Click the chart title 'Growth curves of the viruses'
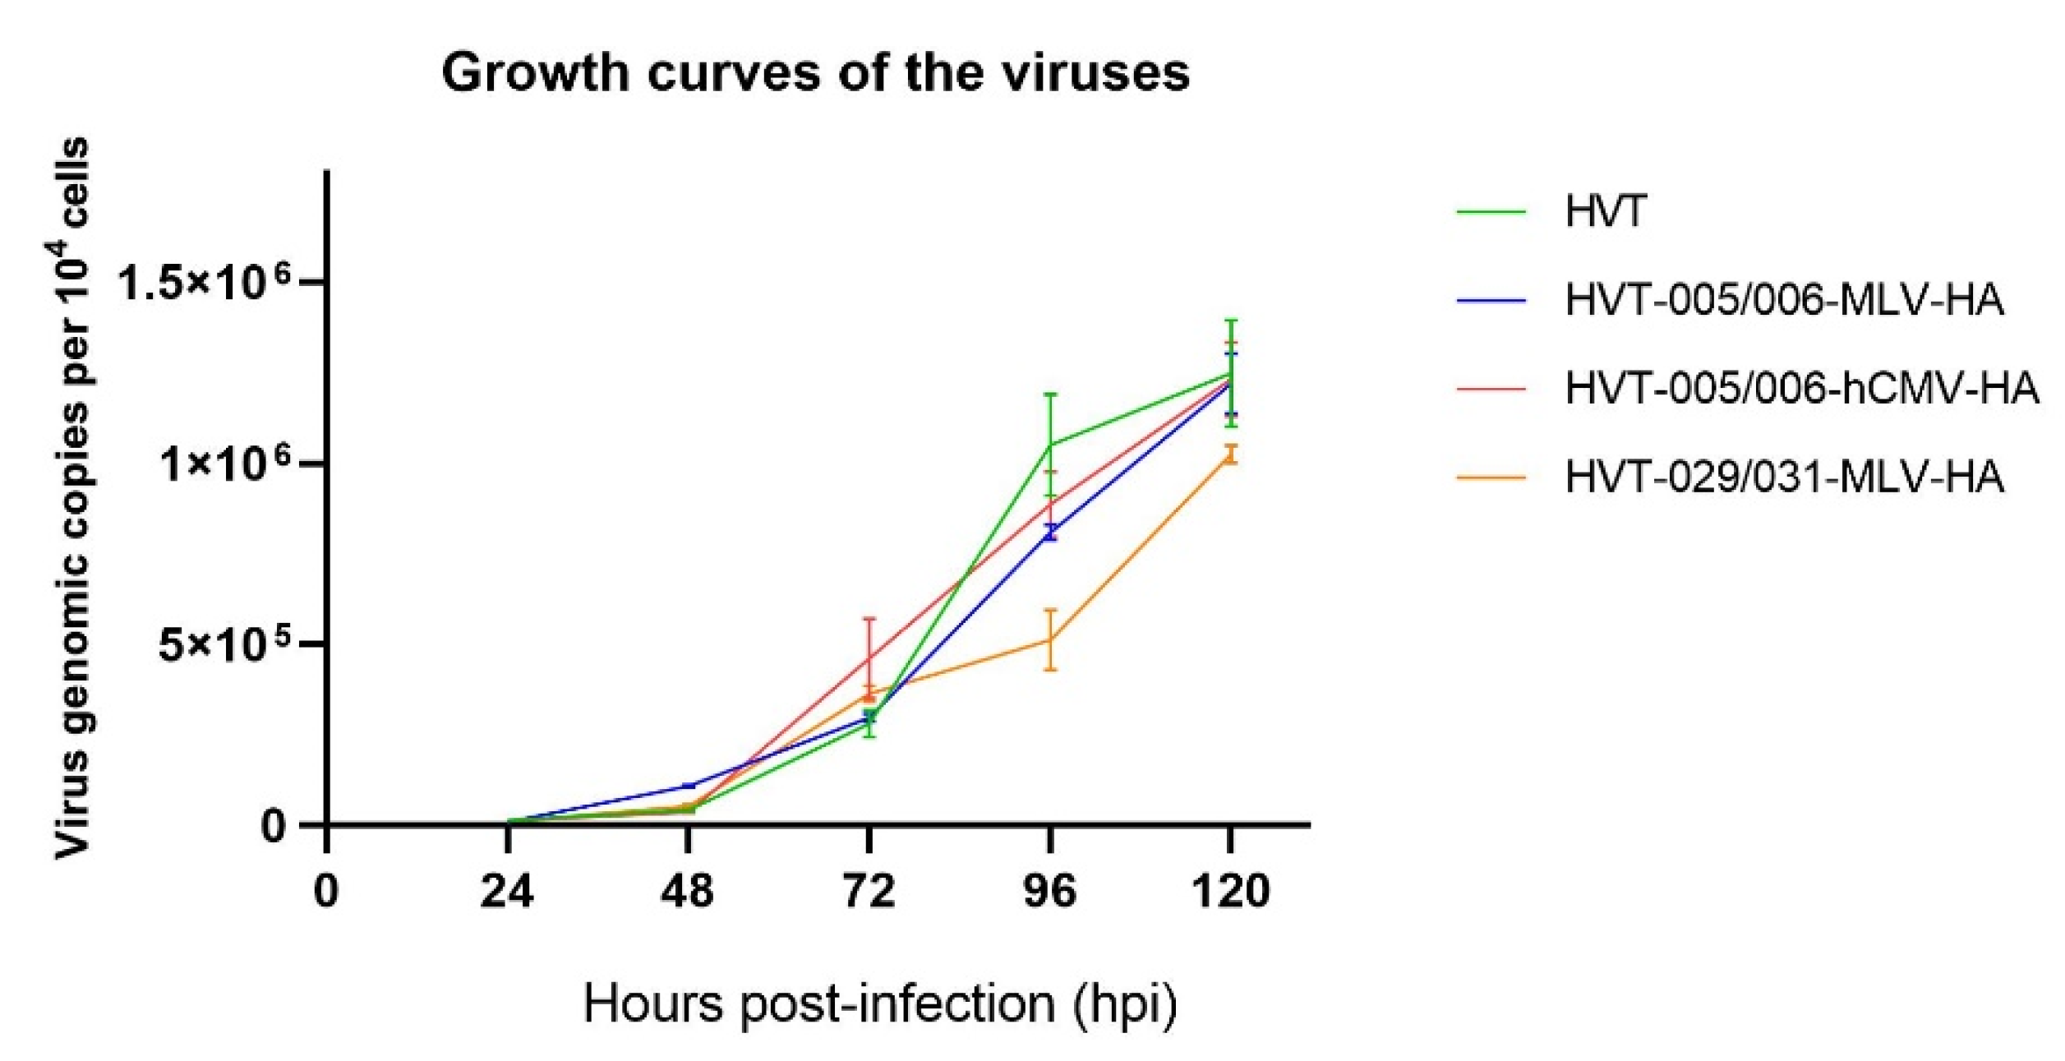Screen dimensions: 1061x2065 coord(815,72)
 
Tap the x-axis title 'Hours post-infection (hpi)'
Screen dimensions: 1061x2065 coord(880,1004)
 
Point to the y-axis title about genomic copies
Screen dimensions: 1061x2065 coord(72,498)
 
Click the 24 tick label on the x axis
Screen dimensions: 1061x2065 coord(507,891)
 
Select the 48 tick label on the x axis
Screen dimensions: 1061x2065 coord(688,891)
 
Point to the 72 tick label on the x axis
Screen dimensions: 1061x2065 coord(869,891)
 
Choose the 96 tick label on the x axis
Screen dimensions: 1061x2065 coord(1049,891)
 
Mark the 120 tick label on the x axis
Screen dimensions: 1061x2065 coord(1230,891)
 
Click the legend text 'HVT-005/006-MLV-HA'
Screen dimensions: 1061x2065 coord(1784,300)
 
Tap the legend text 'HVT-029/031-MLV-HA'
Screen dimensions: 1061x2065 coord(1784,477)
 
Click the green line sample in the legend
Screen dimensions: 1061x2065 coord(1491,212)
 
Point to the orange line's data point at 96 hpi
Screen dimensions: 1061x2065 coord(1049,639)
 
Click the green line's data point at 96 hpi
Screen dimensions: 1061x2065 coord(1049,445)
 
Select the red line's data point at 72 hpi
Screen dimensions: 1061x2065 coord(869,657)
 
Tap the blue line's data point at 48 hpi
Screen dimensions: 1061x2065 coord(688,786)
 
